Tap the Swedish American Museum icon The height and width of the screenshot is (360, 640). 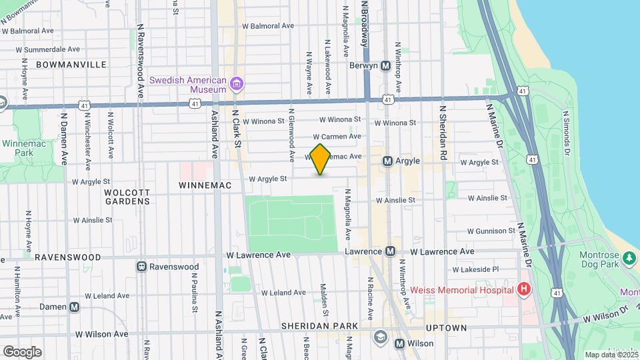pyautogui.click(x=236, y=84)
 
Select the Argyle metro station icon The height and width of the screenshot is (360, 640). pyautogui.click(x=387, y=161)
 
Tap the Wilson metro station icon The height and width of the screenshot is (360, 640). pyautogui.click(x=399, y=344)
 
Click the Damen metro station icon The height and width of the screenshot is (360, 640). pyautogui.click(x=75, y=307)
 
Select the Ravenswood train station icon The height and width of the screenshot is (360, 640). pyautogui.click(x=141, y=267)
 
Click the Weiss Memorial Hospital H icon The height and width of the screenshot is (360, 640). pyautogui.click(x=524, y=289)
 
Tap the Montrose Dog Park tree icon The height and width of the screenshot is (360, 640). pyautogui.click(x=628, y=257)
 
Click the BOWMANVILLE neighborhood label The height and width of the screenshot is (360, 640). pyautogui.click(x=71, y=65)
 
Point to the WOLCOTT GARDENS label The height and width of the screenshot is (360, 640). pyautogui.click(x=127, y=197)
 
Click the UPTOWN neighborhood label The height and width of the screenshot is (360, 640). pyautogui.click(x=446, y=328)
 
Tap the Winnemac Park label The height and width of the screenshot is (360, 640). pyautogui.click(x=18, y=148)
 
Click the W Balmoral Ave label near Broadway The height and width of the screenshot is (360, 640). pyautogui.click(x=268, y=26)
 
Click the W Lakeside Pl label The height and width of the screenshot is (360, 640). pyautogui.click(x=475, y=270)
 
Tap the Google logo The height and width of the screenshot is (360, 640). pyautogui.click(x=21, y=351)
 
